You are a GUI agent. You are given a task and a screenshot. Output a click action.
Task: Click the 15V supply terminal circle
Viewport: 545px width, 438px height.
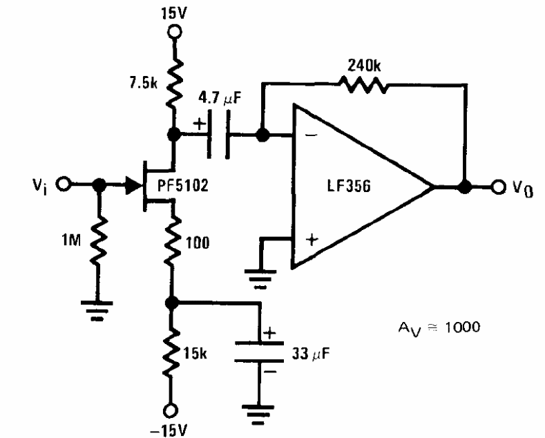click(175, 32)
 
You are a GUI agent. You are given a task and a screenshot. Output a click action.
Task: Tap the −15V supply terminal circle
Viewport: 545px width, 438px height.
click(171, 411)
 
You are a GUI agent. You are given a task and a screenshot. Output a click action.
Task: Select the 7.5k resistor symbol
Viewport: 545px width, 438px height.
click(175, 84)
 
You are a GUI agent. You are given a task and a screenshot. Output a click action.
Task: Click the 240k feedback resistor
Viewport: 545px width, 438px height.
click(362, 84)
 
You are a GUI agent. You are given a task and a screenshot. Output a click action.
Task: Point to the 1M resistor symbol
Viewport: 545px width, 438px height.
click(99, 240)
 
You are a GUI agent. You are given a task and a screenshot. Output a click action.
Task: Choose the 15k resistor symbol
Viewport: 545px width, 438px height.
click(171, 353)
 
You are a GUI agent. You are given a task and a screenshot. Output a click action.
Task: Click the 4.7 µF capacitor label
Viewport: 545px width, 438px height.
click(220, 97)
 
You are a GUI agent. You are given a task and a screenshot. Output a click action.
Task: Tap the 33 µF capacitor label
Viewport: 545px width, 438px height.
click(311, 354)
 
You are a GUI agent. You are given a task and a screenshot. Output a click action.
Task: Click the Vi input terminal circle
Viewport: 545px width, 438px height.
click(64, 184)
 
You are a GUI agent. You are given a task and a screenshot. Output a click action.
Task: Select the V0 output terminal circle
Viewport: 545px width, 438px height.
click(499, 187)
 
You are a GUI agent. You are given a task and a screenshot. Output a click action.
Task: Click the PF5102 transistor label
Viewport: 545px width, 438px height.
click(183, 185)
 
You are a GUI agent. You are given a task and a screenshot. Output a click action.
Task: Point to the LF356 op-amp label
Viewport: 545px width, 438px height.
click(349, 186)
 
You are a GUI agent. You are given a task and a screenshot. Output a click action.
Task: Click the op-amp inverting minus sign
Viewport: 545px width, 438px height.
click(312, 135)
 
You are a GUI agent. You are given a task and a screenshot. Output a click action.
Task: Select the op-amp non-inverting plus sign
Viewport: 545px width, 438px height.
click(312, 240)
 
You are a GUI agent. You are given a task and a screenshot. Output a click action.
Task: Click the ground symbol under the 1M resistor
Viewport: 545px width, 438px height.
click(97, 310)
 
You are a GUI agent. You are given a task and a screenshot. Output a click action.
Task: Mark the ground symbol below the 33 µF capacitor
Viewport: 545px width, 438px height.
click(258, 415)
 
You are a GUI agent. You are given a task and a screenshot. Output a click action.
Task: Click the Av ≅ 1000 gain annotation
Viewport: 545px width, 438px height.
click(439, 328)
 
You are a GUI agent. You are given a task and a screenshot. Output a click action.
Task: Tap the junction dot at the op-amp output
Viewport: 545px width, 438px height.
click(464, 187)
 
